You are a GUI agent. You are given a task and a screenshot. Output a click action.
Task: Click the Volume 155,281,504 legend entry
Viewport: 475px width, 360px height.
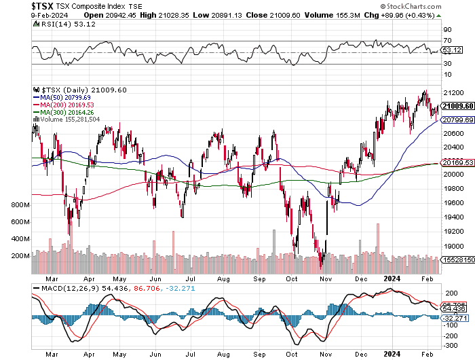pos(70,119)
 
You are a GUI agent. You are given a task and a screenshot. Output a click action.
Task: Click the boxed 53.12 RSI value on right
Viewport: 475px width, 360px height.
pos(451,50)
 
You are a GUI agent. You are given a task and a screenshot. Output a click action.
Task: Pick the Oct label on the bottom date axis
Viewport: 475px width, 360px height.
pos(292,354)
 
